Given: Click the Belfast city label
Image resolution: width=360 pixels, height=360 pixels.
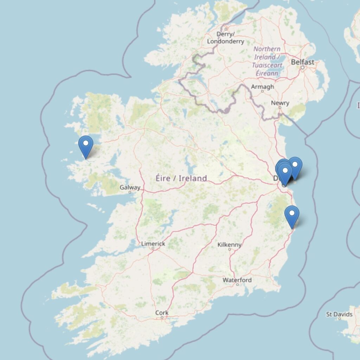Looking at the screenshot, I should tap(302, 62).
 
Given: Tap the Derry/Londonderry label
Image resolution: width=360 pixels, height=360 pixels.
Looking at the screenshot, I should tap(225, 38).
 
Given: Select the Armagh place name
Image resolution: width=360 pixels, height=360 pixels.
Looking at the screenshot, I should tap(262, 86).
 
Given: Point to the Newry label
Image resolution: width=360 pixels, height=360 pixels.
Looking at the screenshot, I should tap(280, 103).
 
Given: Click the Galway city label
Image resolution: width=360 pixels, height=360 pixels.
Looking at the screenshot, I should tap(130, 187).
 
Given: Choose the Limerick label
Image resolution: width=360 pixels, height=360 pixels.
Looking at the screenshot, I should tap(153, 244).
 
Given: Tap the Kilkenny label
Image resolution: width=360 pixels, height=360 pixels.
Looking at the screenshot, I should tap(230, 245).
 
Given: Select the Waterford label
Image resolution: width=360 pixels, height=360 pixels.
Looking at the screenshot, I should tap(237, 280).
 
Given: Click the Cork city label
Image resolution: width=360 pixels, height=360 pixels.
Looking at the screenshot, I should tap(162, 313).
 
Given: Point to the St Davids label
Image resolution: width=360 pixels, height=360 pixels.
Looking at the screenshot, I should tap(339, 314).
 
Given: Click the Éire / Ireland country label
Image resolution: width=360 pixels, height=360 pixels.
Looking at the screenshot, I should tap(181, 178).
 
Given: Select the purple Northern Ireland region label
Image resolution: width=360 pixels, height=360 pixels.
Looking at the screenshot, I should tap(267, 61).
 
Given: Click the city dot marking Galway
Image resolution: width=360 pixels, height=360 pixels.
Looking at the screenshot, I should tap(130, 192).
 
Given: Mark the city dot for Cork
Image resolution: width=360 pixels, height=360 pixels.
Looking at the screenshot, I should tap(162, 317).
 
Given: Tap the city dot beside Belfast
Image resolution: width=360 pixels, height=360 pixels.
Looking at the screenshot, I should tap(302, 67).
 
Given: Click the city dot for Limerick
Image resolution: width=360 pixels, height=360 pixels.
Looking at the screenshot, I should tap(153, 248).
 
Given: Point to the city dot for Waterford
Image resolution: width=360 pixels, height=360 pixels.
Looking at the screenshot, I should tap(237, 284).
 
